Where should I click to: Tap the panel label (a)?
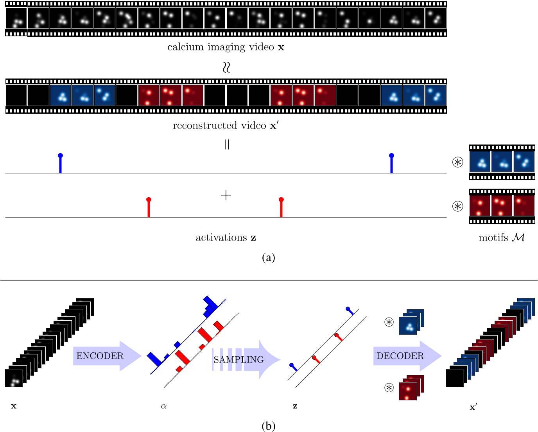tap(268, 257)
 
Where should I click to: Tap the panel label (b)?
tap(268, 426)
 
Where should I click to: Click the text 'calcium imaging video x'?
tap(226, 47)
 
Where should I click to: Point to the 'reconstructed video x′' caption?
tap(226, 125)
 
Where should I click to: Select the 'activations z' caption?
tap(226, 237)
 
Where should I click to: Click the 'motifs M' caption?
tap(502, 237)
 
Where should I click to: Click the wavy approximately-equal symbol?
tap(226, 67)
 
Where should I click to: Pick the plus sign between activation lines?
tap(226, 195)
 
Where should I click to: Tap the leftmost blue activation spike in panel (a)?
tap(60, 163)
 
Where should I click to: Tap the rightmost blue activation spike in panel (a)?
tap(391, 163)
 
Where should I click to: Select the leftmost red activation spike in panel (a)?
tap(149, 207)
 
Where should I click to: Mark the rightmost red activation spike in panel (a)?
tap(281, 207)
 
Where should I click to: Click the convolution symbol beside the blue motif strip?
tap(457, 162)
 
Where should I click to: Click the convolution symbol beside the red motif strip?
tap(457, 206)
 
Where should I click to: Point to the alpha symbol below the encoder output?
tap(164, 406)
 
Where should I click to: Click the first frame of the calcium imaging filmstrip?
tap(16, 18)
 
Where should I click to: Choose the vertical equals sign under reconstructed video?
tap(227, 145)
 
